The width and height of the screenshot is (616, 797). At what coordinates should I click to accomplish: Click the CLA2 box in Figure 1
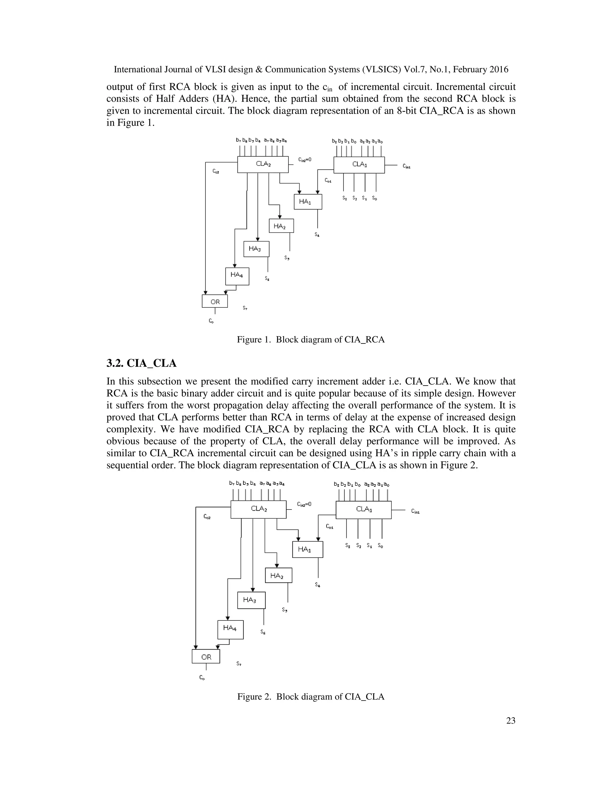click(x=263, y=165)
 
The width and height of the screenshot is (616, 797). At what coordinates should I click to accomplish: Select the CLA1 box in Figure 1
click(x=359, y=165)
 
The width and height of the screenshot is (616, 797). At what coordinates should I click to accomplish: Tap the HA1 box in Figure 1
click(x=308, y=202)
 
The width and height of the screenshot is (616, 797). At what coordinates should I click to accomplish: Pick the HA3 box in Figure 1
click(x=256, y=249)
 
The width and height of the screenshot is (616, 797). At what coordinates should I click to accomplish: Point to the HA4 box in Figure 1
click(x=237, y=276)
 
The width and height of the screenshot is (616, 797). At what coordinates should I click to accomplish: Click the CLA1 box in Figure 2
click(x=363, y=509)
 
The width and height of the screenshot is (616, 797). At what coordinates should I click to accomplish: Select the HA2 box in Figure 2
click(x=278, y=575)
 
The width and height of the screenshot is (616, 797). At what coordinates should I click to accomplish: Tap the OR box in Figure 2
click(x=206, y=657)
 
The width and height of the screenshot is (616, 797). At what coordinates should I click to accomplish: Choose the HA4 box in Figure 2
click(x=230, y=629)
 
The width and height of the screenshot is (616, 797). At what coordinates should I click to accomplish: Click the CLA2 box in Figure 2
click(x=258, y=509)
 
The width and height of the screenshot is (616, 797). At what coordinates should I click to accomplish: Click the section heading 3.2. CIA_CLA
click(x=141, y=363)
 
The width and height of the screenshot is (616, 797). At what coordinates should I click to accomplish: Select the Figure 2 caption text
click(x=310, y=696)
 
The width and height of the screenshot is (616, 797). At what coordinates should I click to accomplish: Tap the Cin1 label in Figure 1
click(x=406, y=166)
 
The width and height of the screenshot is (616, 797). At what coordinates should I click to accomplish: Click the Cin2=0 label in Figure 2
click(x=304, y=504)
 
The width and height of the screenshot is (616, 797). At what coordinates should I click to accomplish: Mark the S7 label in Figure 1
click(x=245, y=308)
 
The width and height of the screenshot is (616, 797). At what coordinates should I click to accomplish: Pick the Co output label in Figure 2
click(x=202, y=678)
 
